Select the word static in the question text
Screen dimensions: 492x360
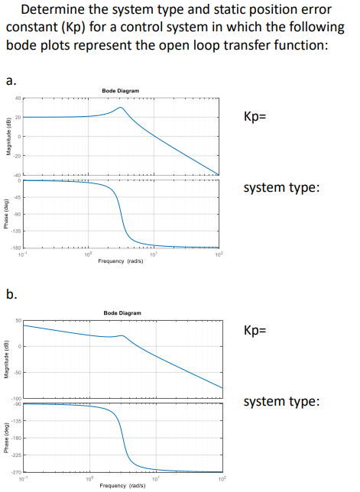229,11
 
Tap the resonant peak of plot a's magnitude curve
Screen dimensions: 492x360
120,108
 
